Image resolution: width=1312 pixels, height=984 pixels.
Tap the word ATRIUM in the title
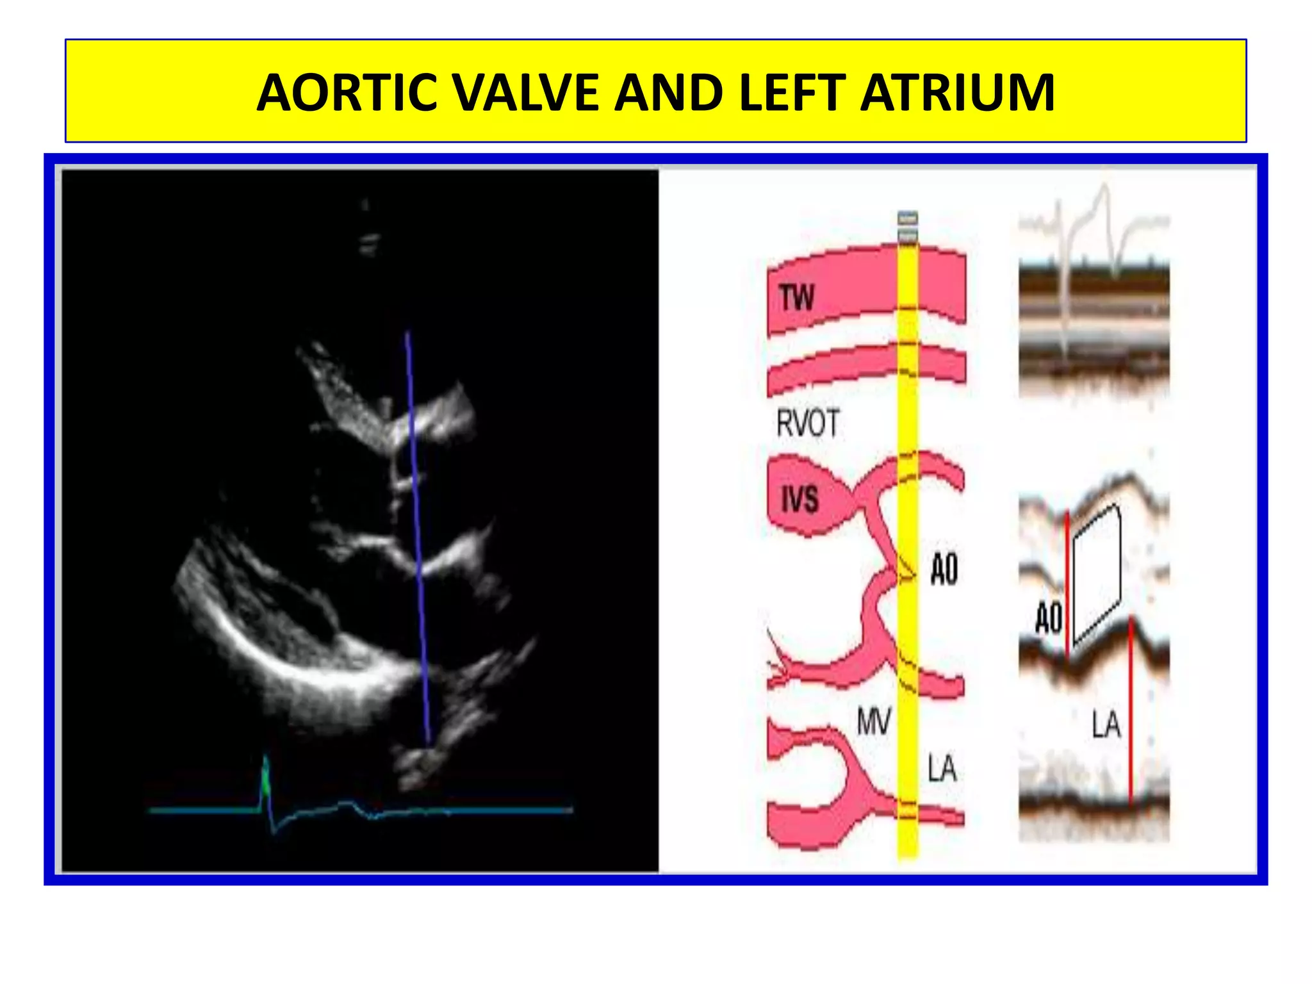pos(957,94)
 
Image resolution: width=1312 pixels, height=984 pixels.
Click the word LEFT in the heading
pos(791,94)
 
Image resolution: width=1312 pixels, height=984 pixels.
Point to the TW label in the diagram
pos(797,297)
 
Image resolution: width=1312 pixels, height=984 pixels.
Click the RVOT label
pos(808,423)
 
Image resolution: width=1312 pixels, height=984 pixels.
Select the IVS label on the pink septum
pos(800,499)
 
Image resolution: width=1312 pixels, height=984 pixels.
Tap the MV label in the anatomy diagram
pos(874,723)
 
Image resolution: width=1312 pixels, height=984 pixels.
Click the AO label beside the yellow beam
pos(944,570)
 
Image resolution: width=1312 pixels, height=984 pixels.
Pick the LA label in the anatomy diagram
pos(942,769)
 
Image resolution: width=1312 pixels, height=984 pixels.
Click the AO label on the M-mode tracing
pos(1049,619)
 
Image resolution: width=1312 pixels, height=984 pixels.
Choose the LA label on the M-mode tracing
pos(1106,726)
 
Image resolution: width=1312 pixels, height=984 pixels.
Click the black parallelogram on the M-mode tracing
pos(1097,573)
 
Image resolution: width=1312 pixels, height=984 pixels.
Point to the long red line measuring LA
pos(1131,711)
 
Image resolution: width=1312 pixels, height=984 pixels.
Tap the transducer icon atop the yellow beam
pos(908,227)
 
